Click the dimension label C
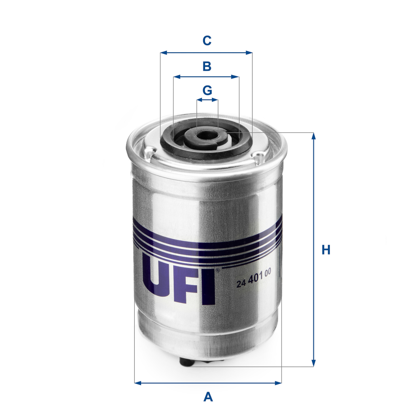[x=207, y=41]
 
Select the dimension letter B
[x=207, y=67]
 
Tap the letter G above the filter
[x=207, y=90]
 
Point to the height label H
[x=326, y=250]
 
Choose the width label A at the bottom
[x=208, y=397]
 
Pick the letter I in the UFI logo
[x=208, y=286]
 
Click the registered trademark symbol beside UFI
[x=217, y=271]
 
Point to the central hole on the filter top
[x=207, y=135]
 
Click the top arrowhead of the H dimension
[x=313, y=136]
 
